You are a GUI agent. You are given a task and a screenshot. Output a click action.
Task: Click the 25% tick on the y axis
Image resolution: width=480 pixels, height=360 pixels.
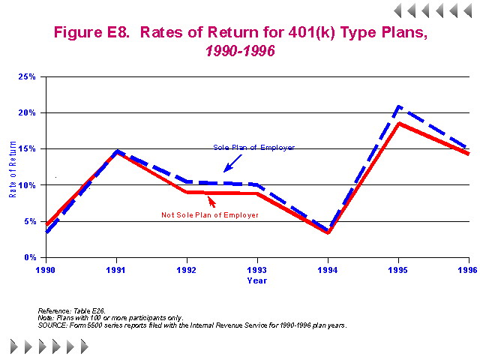[x=28, y=76]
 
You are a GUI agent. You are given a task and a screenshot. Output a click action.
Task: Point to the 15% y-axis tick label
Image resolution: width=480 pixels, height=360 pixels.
[x=28, y=148]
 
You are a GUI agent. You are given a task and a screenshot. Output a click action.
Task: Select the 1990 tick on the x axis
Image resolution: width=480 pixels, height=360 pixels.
[x=46, y=268]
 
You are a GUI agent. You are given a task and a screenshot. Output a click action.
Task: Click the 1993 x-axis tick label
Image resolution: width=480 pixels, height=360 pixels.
[x=257, y=268]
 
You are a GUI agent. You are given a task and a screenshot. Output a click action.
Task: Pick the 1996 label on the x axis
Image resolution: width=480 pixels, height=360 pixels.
[x=468, y=268]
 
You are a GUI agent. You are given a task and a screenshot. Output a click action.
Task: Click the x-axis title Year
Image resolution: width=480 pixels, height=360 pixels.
[x=256, y=280]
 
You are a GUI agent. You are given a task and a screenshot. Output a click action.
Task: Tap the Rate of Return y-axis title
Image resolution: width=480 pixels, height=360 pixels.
[x=13, y=166]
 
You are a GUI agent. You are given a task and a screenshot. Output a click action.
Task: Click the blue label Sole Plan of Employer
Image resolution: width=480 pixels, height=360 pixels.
[x=253, y=148]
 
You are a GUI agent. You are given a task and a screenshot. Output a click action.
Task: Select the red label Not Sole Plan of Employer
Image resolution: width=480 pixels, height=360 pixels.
[x=210, y=215]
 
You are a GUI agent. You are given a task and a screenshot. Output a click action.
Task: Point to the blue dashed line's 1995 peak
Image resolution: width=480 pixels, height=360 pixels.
[x=398, y=106]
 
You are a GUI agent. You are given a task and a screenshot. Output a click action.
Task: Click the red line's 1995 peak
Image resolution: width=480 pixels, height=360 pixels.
[x=398, y=123]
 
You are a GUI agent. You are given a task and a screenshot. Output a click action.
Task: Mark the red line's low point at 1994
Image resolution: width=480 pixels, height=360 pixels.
[x=328, y=232]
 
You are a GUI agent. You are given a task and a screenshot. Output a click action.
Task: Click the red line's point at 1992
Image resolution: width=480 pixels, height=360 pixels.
[x=187, y=192]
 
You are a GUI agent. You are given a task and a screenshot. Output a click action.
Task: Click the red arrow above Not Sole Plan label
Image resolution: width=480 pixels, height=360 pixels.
[x=211, y=201]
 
